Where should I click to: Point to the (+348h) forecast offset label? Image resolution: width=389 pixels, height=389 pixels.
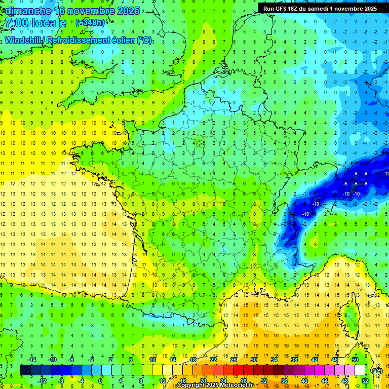pyautogui.click(x=91, y=23)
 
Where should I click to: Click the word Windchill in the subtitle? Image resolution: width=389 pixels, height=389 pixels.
pyautogui.click(x=25, y=40)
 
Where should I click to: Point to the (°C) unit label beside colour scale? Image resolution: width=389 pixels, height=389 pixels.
pyautogui.click(x=377, y=371)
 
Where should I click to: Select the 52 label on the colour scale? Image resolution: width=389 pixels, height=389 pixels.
pyautogui.click(x=365, y=381)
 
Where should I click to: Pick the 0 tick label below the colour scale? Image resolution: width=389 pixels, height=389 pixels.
pyautogui.click(x=101, y=381)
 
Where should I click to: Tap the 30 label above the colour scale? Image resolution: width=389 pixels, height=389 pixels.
pyautogui.click(x=253, y=360)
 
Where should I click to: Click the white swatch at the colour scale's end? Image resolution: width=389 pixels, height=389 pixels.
pyautogui.click(x=360, y=370)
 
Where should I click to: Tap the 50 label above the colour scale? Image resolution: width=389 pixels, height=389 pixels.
pyautogui.click(x=355, y=360)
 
